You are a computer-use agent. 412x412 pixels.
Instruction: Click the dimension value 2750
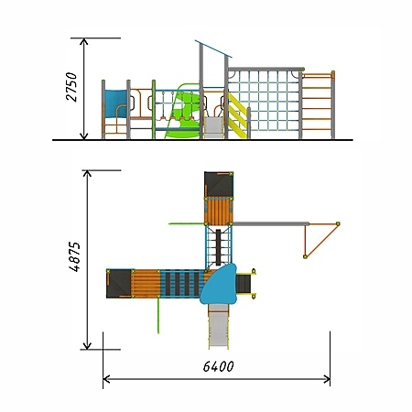click(x=71, y=87)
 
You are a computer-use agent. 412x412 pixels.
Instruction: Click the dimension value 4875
click(x=74, y=256)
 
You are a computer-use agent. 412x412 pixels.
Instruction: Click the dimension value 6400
click(x=219, y=366)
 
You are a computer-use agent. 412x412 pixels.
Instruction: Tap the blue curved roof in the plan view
click(x=219, y=285)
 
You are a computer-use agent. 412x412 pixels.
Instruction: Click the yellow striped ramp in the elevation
click(x=237, y=116)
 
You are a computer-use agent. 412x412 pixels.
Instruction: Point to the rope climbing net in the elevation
click(x=264, y=102)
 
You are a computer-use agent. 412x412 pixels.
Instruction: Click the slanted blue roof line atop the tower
click(x=213, y=49)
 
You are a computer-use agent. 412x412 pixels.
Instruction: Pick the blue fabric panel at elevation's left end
click(x=115, y=103)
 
